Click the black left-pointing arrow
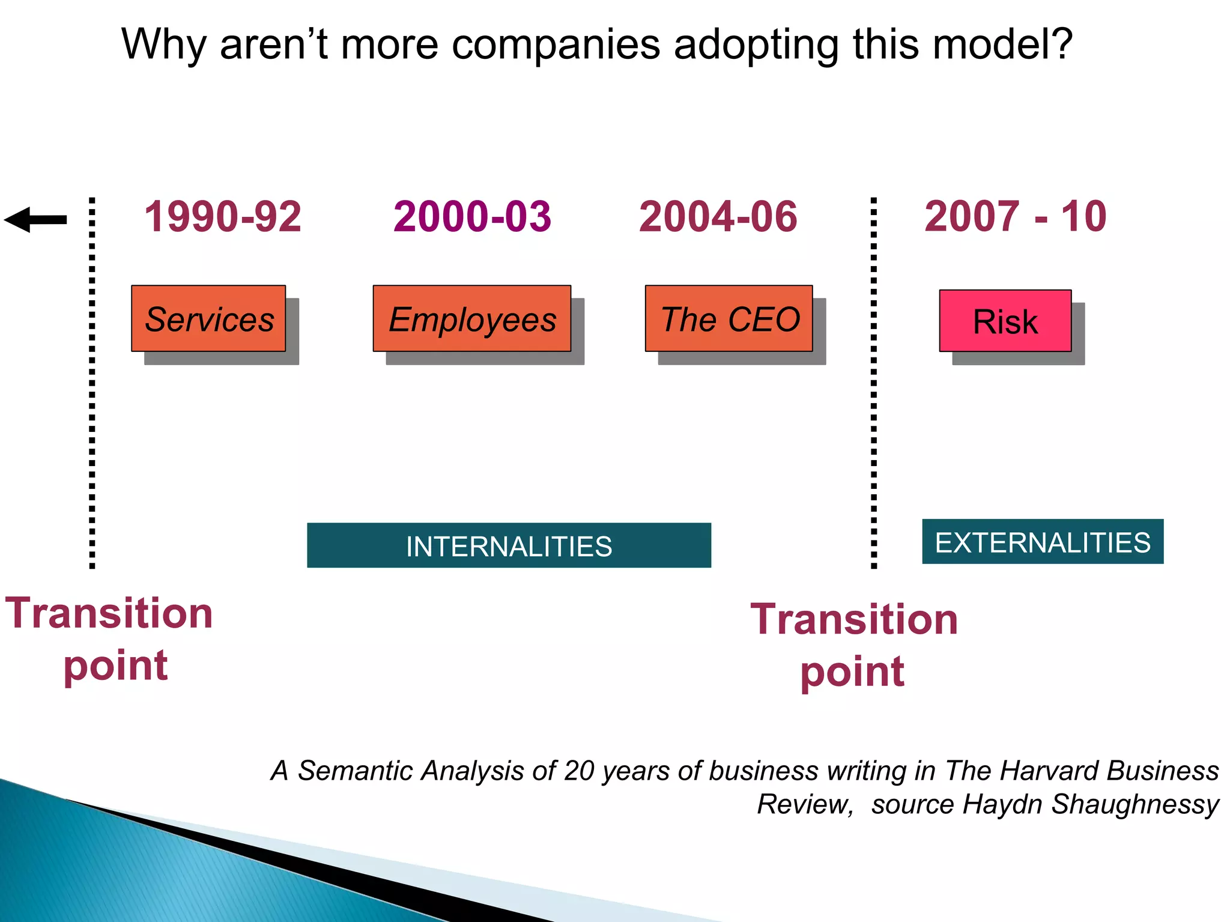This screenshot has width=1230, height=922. (35, 220)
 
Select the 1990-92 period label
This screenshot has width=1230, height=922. (223, 217)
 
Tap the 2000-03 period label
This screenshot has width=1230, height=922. (472, 217)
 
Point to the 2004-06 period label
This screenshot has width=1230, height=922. (718, 217)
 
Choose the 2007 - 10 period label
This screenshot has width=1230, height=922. (1015, 217)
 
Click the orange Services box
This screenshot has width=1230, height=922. (208, 318)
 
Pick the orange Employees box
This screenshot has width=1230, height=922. (472, 318)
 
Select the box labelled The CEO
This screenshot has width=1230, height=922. (729, 318)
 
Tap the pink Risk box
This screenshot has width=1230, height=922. (1005, 321)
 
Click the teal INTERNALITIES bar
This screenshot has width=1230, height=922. (509, 545)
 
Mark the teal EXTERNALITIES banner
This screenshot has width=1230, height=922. (1043, 542)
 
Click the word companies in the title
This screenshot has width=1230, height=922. (556, 45)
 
